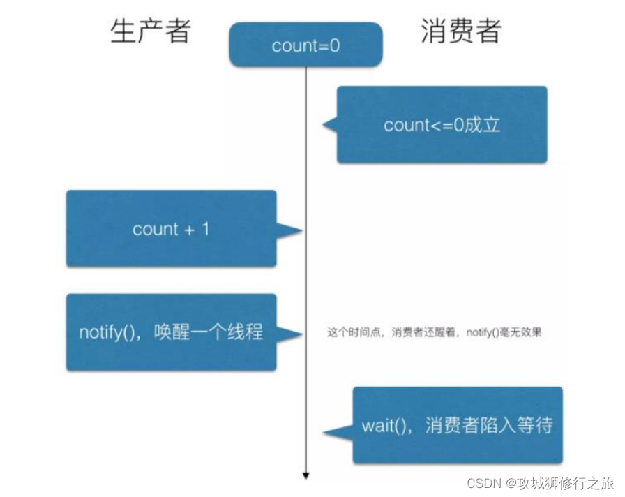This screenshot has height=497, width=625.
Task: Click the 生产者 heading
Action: pyautogui.click(x=151, y=31)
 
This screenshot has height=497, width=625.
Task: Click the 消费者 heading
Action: pyautogui.click(x=461, y=31)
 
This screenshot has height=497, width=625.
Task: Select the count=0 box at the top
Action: pyautogui.click(x=306, y=45)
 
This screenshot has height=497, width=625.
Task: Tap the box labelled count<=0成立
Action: pyautogui.click(x=442, y=125)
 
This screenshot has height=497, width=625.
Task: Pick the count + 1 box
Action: pyautogui.click(x=171, y=229)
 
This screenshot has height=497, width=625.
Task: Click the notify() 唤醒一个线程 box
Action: pyautogui.click(x=171, y=332)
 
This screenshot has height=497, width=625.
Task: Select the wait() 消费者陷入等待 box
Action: pyautogui.click(x=457, y=425)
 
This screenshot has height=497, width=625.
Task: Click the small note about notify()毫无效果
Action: pyautogui.click(x=435, y=333)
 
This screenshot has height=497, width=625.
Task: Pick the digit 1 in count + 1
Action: pyautogui.click(x=205, y=229)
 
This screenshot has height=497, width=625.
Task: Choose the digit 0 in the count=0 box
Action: pyautogui.click(x=335, y=46)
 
